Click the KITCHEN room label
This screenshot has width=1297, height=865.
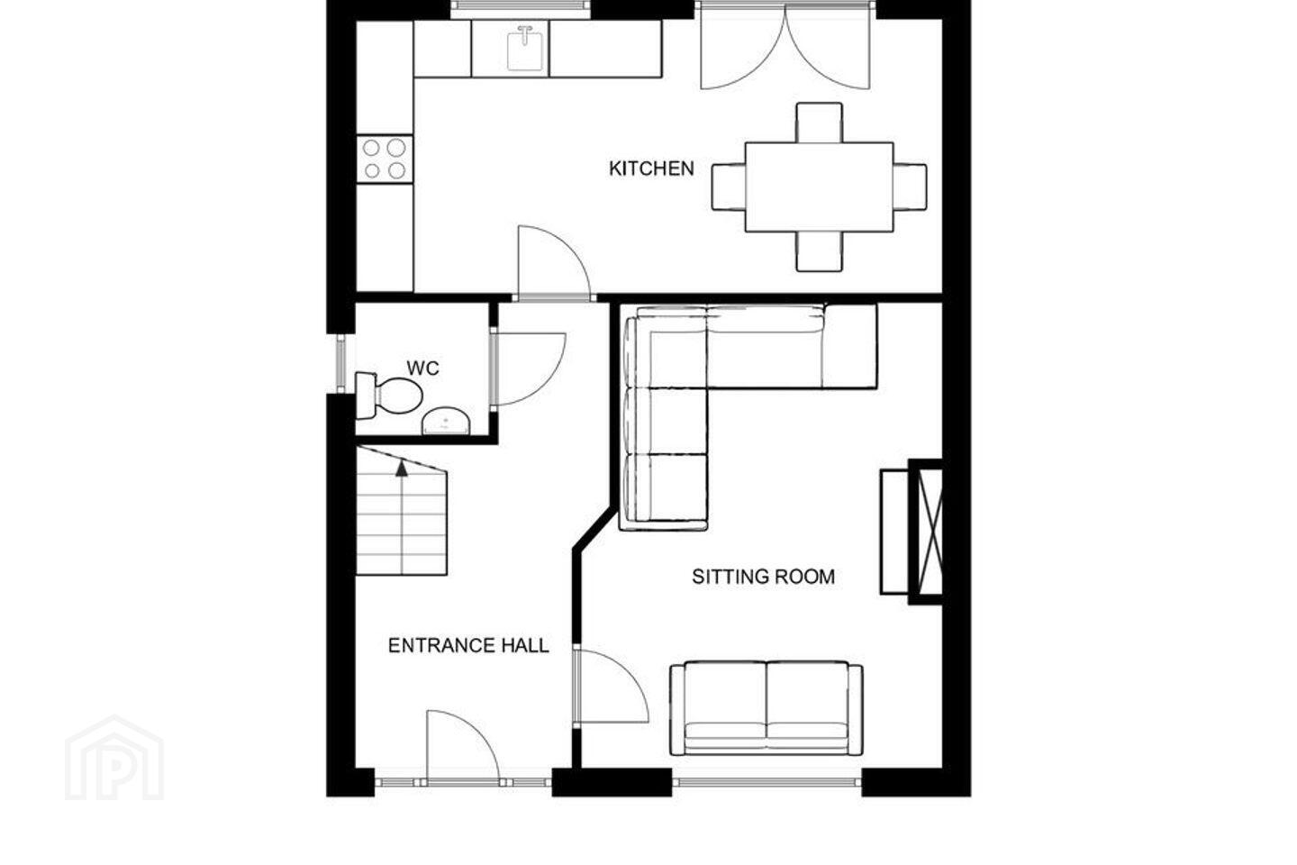click(651, 168)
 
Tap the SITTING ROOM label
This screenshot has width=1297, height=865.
click(763, 577)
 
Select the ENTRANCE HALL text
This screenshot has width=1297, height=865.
click(468, 645)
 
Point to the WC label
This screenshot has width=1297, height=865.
click(422, 368)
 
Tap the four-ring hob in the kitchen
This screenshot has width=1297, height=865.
click(385, 159)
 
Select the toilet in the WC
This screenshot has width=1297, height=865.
click(388, 396)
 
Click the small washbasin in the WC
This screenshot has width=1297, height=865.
click(445, 421)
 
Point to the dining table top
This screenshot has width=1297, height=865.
click(819, 187)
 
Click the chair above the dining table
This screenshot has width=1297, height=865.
click(819, 123)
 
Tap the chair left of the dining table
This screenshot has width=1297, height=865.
click(729, 187)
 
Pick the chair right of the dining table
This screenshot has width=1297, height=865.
click(910, 187)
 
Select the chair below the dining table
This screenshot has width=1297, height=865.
click(819, 251)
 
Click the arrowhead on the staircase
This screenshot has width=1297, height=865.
click(402, 468)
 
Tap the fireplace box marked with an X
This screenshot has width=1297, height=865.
click(926, 532)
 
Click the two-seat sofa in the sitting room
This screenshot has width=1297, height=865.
click(766, 708)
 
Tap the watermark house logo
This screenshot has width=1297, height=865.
click(114, 759)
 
